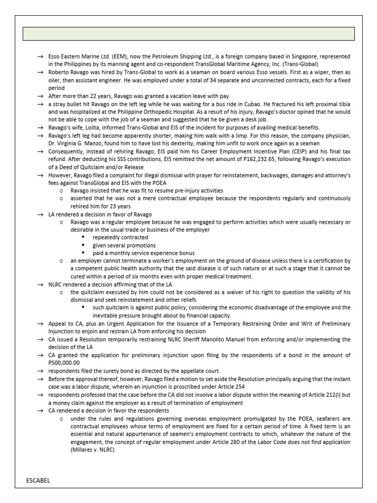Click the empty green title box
pos(189,33)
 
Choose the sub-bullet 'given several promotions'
pos(124,245)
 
